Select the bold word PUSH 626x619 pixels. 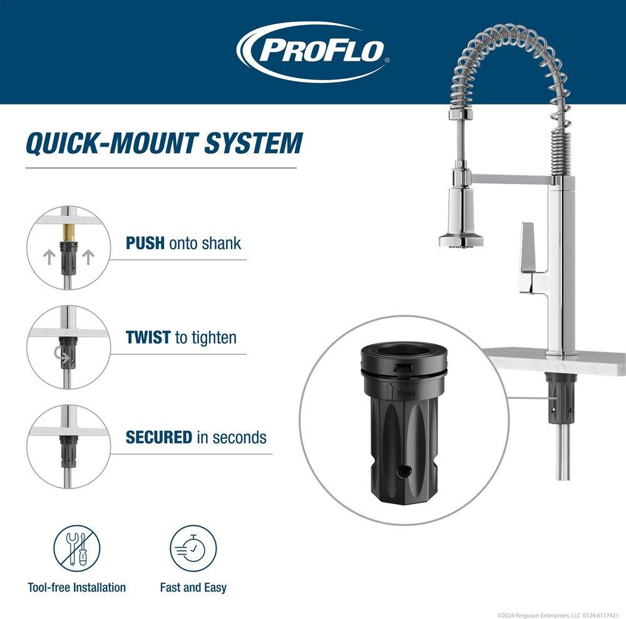pyautogui.click(x=145, y=243)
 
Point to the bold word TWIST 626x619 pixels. pyautogui.click(x=148, y=337)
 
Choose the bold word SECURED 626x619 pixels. pyautogui.click(x=159, y=437)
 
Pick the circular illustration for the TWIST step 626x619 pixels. pyautogui.click(x=68, y=347)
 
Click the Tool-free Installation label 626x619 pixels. pyautogui.click(x=77, y=588)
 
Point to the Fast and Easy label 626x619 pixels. pyautogui.click(x=193, y=588)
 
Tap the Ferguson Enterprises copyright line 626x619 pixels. pyautogui.click(x=559, y=615)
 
